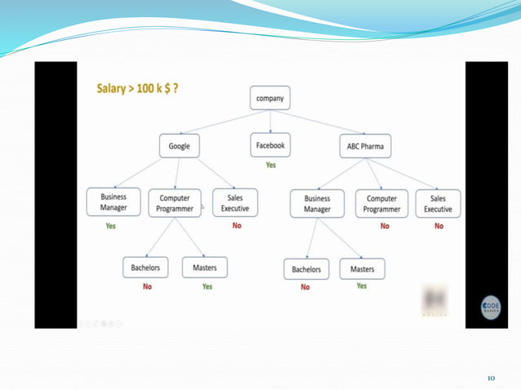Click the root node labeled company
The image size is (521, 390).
[x=269, y=99]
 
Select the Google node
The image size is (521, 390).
[x=179, y=146]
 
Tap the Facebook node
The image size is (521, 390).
[x=269, y=145]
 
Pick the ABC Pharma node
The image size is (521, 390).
[x=364, y=146]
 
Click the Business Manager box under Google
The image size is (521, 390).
[x=114, y=202]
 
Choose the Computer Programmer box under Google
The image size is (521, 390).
[x=175, y=203]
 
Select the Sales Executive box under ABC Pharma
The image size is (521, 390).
[x=438, y=203]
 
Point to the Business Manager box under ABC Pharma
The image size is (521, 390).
[x=317, y=203]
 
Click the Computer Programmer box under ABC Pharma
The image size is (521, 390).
[x=382, y=203]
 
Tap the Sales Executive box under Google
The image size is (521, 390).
[x=234, y=202]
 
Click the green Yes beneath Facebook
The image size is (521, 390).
[x=270, y=165]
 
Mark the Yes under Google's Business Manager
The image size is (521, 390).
[x=111, y=226]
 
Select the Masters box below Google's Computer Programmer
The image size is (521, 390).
[x=204, y=267]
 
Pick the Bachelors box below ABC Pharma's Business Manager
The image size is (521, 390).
[x=306, y=269]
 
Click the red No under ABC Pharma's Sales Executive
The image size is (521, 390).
[x=439, y=226]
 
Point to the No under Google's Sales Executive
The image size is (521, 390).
[x=237, y=225]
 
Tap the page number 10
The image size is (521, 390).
[x=491, y=378]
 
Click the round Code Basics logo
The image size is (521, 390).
[x=490, y=308]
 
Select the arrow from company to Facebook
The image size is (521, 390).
[x=269, y=122]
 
